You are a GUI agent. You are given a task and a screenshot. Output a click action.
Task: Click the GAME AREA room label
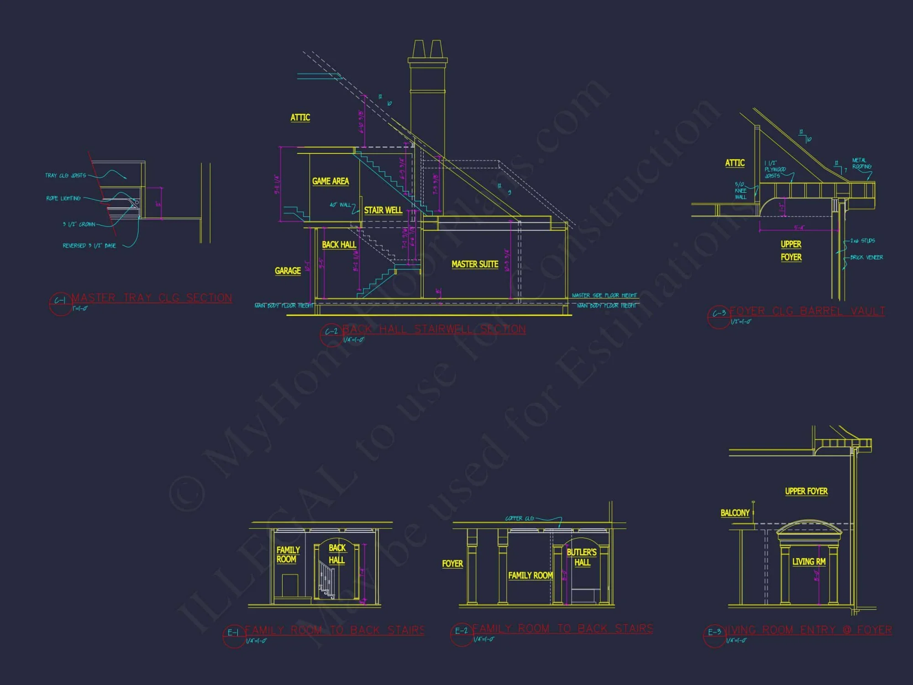331,181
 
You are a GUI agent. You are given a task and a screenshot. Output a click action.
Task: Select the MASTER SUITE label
475,264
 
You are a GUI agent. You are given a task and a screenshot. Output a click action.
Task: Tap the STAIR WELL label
383,211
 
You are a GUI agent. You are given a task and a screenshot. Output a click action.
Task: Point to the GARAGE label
288,271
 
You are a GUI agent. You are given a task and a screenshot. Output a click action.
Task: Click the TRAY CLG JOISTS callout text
65,175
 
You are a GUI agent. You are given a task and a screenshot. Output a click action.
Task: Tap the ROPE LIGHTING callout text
63,198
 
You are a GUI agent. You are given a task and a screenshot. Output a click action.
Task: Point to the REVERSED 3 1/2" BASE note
89,246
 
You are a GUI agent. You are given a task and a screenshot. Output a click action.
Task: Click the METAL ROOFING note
861,163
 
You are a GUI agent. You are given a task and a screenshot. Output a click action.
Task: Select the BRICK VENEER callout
866,258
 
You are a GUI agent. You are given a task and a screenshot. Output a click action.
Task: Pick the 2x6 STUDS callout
862,241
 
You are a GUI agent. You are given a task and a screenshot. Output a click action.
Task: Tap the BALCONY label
735,513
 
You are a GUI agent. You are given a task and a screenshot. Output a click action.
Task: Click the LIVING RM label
808,562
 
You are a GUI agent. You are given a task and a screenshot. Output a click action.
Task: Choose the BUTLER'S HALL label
582,558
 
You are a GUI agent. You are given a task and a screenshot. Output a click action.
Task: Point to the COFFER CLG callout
519,518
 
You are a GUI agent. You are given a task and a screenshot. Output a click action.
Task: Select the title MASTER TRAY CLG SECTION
152,298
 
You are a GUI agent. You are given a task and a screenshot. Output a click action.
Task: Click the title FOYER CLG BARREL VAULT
807,311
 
